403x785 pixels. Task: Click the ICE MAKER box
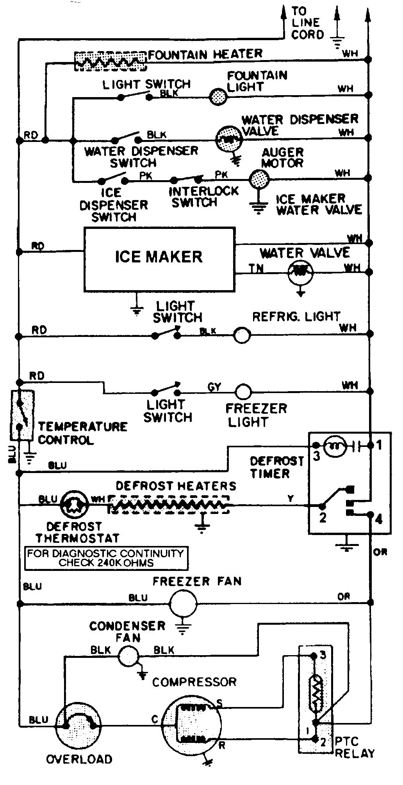click(x=159, y=259)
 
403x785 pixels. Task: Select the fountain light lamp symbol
click(x=218, y=96)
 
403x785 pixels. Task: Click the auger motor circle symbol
click(x=259, y=180)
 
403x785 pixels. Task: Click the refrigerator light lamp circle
click(x=242, y=335)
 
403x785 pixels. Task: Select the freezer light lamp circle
click(x=244, y=391)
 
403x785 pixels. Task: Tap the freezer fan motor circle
click(x=183, y=603)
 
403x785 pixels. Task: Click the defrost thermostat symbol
click(x=75, y=505)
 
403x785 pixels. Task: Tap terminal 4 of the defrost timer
click(x=369, y=515)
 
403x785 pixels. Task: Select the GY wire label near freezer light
click(x=214, y=387)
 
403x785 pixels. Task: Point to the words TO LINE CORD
click(x=308, y=23)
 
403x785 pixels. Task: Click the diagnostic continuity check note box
click(x=106, y=558)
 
